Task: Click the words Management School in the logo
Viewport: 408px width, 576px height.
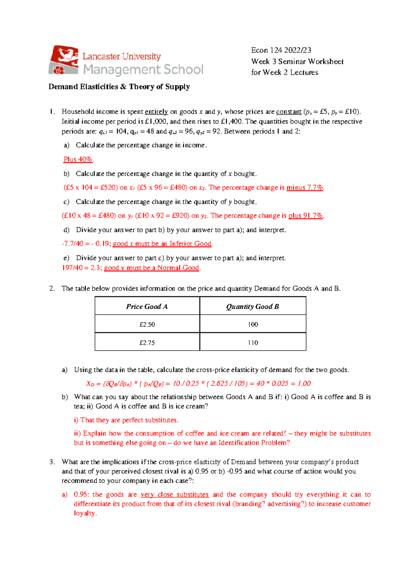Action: point(143,70)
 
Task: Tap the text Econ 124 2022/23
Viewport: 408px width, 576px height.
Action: point(281,50)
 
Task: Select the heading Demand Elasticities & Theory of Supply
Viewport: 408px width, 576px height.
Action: point(119,87)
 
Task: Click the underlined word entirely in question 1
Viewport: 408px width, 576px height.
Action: point(156,112)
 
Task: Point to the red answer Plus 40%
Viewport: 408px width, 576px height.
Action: point(78,159)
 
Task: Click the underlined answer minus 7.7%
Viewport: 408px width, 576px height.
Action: point(305,187)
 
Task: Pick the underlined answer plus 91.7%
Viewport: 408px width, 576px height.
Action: point(305,216)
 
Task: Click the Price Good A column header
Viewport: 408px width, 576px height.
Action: point(147,306)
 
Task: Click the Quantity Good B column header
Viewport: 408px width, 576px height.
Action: point(253,306)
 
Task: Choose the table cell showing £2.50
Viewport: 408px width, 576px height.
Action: point(147,324)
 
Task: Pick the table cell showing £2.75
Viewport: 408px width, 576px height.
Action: point(147,343)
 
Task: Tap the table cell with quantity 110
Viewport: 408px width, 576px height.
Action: point(253,343)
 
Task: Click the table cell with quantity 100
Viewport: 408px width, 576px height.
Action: point(253,324)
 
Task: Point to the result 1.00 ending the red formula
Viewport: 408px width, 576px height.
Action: point(304,383)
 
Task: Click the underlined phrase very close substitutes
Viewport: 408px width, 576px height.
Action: point(174,494)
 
